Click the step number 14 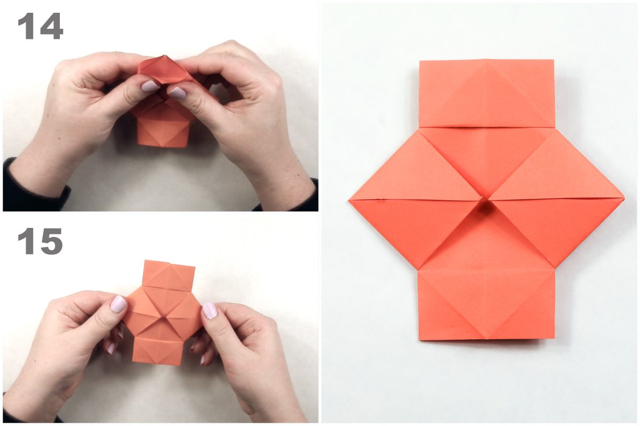(x=41, y=26)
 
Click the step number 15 (x=41, y=241)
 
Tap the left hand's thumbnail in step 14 (x=150, y=86)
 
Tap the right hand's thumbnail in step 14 (x=177, y=93)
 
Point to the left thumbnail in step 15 (x=118, y=304)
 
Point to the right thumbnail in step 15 (x=210, y=311)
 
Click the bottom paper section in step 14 (x=162, y=133)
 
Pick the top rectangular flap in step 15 (x=169, y=274)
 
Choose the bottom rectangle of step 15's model (x=157, y=351)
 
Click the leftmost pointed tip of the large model (x=349, y=201)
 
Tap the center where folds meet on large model (x=485, y=199)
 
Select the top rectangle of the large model (x=487, y=93)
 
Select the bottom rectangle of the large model (x=486, y=305)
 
